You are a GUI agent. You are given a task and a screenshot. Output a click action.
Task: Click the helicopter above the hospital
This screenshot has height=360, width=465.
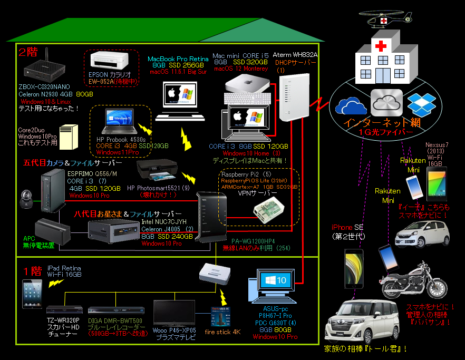[385, 19]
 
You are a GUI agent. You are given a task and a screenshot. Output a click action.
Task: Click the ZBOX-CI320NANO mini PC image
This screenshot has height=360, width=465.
[44, 67]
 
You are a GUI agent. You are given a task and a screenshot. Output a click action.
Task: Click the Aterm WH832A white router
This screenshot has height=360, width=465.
[292, 98]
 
